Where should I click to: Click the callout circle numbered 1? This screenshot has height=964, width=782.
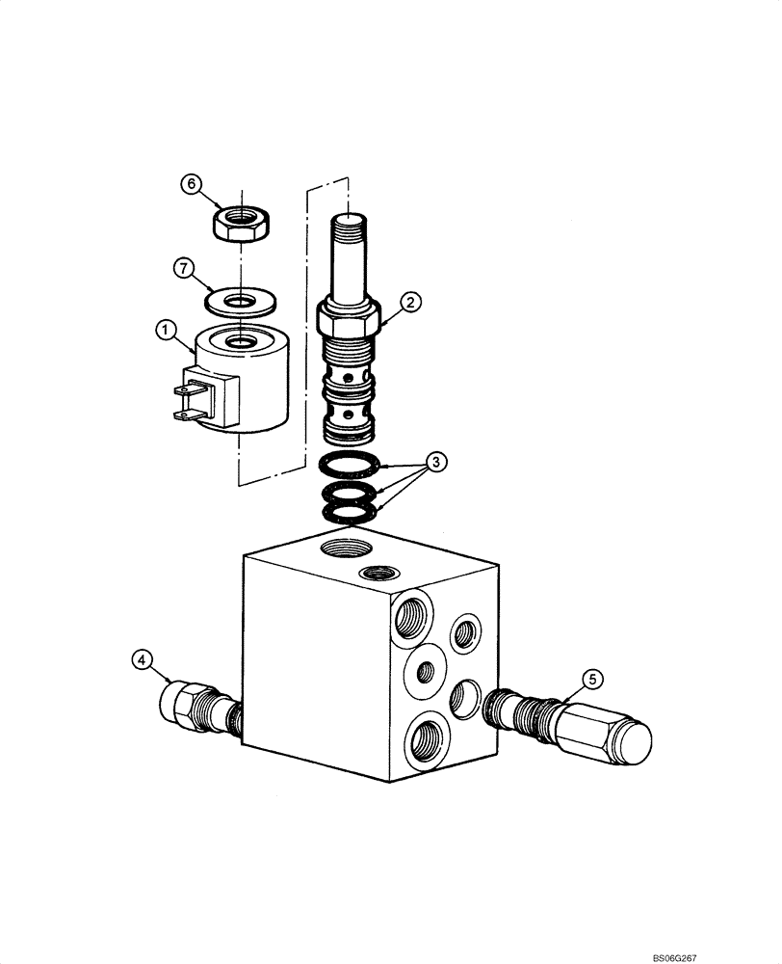[166, 332]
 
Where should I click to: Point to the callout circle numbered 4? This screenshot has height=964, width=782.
[142, 660]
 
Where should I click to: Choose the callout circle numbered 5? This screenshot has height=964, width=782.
[593, 679]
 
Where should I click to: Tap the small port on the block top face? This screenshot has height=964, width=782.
[372, 575]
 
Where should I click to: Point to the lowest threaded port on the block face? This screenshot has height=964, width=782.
[425, 742]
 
